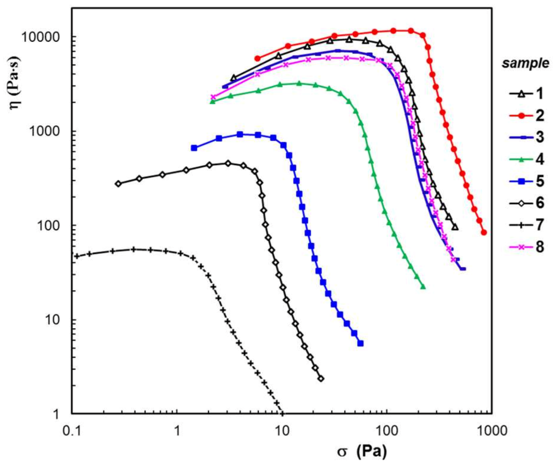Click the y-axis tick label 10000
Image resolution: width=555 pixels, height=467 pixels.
coord(40,37)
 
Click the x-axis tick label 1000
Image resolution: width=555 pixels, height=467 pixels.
coord(490,431)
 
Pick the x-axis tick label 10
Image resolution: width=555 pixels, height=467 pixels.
coord(282,431)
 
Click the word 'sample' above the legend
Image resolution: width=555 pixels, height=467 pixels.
coord(525,64)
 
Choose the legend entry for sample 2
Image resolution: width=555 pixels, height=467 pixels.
coord(527,115)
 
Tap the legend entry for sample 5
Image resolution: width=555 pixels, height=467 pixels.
coord(527,181)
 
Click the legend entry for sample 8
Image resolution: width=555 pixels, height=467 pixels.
coord(527,247)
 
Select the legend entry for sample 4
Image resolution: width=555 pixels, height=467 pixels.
coord(527,159)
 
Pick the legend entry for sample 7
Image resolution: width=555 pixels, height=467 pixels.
coord(527,225)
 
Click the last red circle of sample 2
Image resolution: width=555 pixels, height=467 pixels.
coord(484,233)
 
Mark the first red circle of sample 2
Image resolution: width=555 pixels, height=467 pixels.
coord(258,58)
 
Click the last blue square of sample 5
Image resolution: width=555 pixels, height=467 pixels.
coord(360,343)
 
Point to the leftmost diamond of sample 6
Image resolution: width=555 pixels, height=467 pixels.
coord(118,183)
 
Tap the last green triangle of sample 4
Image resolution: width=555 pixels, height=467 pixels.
coord(423,287)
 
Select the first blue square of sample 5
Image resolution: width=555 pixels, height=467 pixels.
coord(194,148)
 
